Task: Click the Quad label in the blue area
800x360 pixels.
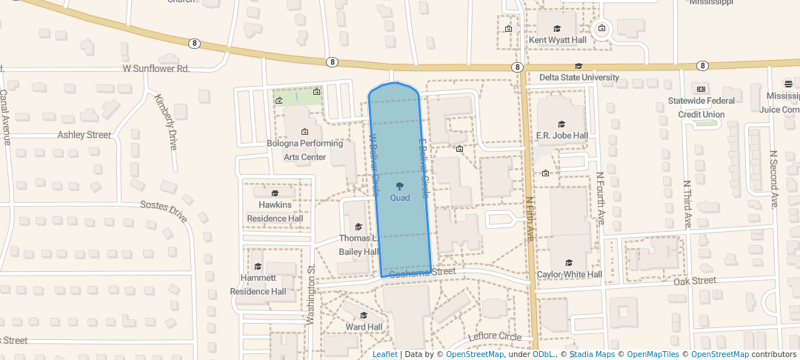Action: pos(399,198)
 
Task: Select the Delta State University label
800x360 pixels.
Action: pos(579,77)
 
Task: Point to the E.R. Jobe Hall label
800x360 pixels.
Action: pos(561,136)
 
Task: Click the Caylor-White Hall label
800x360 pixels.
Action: pos(569,275)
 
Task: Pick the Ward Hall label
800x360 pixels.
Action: pos(364,327)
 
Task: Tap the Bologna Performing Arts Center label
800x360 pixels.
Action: pos(304,150)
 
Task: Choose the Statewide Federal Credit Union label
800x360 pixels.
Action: pos(701,107)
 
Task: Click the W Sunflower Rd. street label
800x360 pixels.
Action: pos(156,69)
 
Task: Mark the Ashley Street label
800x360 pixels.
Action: pos(84,135)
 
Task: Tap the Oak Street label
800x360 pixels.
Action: pos(694,281)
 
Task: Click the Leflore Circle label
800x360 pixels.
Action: pos(495,337)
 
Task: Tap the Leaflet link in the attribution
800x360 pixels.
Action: pos(384,354)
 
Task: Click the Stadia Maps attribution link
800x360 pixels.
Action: pos(591,354)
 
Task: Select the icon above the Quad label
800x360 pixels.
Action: pos(399,185)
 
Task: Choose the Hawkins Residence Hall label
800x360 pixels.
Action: pos(275,211)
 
